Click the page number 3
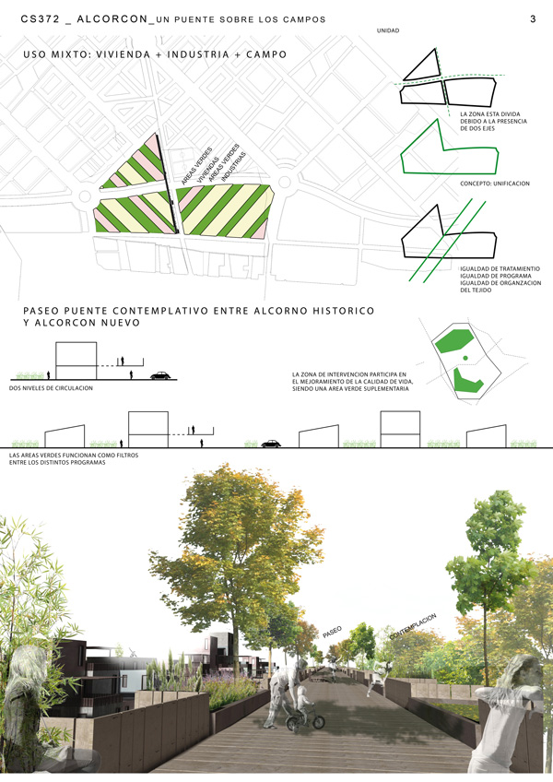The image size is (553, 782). (x=534, y=18)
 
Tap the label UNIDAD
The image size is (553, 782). (x=389, y=31)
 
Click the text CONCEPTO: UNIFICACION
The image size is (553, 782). (x=495, y=184)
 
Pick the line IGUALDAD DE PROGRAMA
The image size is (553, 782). (x=497, y=276)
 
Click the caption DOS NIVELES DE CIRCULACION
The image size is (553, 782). (x=51, y=388)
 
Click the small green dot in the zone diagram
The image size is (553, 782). (x=465, y=358)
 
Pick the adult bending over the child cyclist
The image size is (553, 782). (x=282, y=693)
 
